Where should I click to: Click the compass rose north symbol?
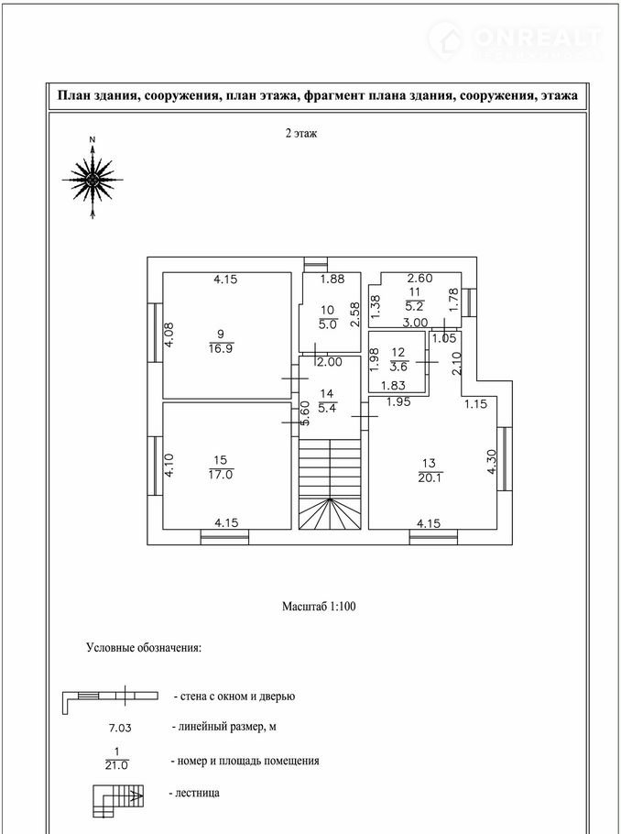pos(93,180)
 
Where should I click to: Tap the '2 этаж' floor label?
pos(300,134)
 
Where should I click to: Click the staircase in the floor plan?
pos(330,486)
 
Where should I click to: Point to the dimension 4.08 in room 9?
pos(169,332)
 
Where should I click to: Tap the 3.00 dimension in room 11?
pos(416,323)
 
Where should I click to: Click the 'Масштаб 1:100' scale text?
pos(318,607)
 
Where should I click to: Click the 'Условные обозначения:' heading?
pos(144,648)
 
